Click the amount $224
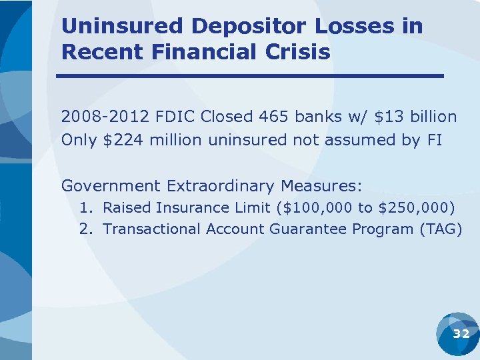pyautogui.click(x=125, y=140)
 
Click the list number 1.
pyautogui.click(x=85, y=207)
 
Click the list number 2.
pyautogui.click(x=85, y=229)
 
